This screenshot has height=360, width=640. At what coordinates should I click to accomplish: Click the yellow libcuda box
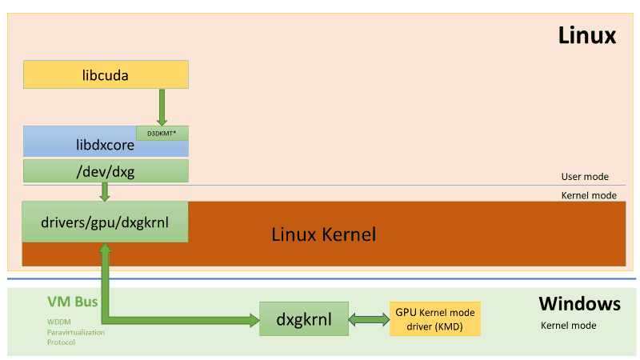pos(106,74)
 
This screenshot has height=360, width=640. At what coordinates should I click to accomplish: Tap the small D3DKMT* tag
pos(162,133)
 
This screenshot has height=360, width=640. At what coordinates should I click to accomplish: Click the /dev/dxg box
pos(106,170)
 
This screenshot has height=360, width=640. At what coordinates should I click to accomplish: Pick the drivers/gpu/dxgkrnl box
pos(105,222)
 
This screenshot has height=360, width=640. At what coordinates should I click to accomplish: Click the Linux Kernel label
pos(323,234)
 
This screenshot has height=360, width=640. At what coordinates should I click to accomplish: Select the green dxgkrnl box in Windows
pos(305,319)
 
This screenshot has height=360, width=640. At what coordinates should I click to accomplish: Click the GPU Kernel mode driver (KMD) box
pos(434,318)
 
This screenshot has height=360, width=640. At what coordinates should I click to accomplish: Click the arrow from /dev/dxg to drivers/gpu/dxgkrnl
pos(105,192)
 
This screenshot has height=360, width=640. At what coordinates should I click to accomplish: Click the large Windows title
pos(579,304)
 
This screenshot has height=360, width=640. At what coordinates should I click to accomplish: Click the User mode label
pos(585,177)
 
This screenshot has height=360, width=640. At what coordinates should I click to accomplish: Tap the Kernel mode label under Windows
pos(569,326)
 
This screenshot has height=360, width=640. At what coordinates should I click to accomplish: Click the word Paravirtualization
pos(75,332)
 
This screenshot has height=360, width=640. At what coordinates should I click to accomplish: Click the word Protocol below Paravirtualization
pos(61,342)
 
